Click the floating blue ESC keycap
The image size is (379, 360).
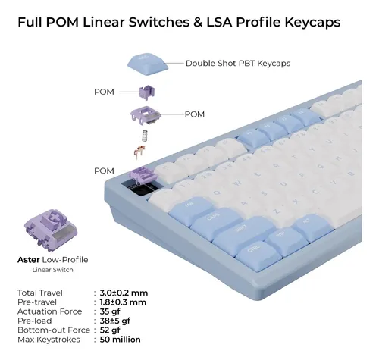point(148,64)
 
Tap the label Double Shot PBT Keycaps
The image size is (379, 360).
point(238,63)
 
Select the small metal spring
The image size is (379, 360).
point(145,136)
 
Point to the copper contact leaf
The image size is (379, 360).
point(139,152)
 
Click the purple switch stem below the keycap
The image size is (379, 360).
point(147,92)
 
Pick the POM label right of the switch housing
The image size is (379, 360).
point(195,114)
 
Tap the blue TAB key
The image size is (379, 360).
point(191,210)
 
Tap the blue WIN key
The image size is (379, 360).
point(287,241)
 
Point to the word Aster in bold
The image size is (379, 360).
point(28,260)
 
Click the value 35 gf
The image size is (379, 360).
point(110,311)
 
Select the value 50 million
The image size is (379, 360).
point(120,340)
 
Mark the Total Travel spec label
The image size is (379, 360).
point(40,293)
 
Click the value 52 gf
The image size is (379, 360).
point(110,330)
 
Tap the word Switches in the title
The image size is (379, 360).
point(159,22)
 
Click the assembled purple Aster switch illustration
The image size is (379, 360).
point(51,230)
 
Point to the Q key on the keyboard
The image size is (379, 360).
point(217,193)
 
